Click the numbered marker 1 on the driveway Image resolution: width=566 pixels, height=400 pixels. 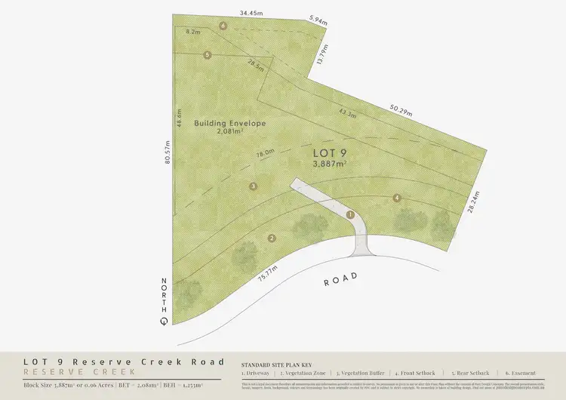(x=350, y=214)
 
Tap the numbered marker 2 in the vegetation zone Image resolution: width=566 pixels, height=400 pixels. (x=271, y=239)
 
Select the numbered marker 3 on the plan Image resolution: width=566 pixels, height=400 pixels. (x=254, y=186)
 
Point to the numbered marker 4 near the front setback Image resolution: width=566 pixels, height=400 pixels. (x=396, y=198)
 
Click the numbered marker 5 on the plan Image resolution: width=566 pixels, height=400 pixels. (x=208, y=54)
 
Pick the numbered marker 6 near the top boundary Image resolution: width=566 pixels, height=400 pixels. (x=223, y=26)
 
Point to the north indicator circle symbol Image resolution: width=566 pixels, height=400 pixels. (x=164, y=321)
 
